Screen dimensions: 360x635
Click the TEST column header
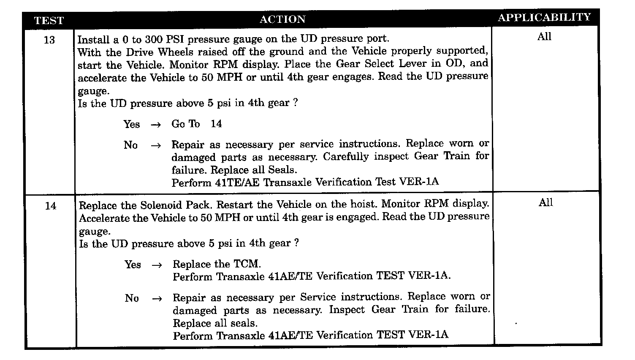click(x=49, y=20)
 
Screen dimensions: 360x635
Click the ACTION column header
click(x=282, y=19)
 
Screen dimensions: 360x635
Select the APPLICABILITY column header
click(x=544, y=17)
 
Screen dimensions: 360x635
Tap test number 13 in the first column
click(x=49, y=40)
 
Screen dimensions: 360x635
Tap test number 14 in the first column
click(x=51, y=206)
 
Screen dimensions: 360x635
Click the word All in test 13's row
click(x=544, y=37)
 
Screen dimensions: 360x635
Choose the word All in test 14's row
click(x=545, y=203)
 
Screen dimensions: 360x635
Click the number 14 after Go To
click(x=216, y=124)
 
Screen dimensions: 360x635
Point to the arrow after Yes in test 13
click(x=156, y=125)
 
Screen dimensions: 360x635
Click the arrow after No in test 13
click(x=156, y=146)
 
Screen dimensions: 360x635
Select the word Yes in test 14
click(x=133, y=265)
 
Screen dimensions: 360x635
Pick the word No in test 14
click(x=132, y=298)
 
